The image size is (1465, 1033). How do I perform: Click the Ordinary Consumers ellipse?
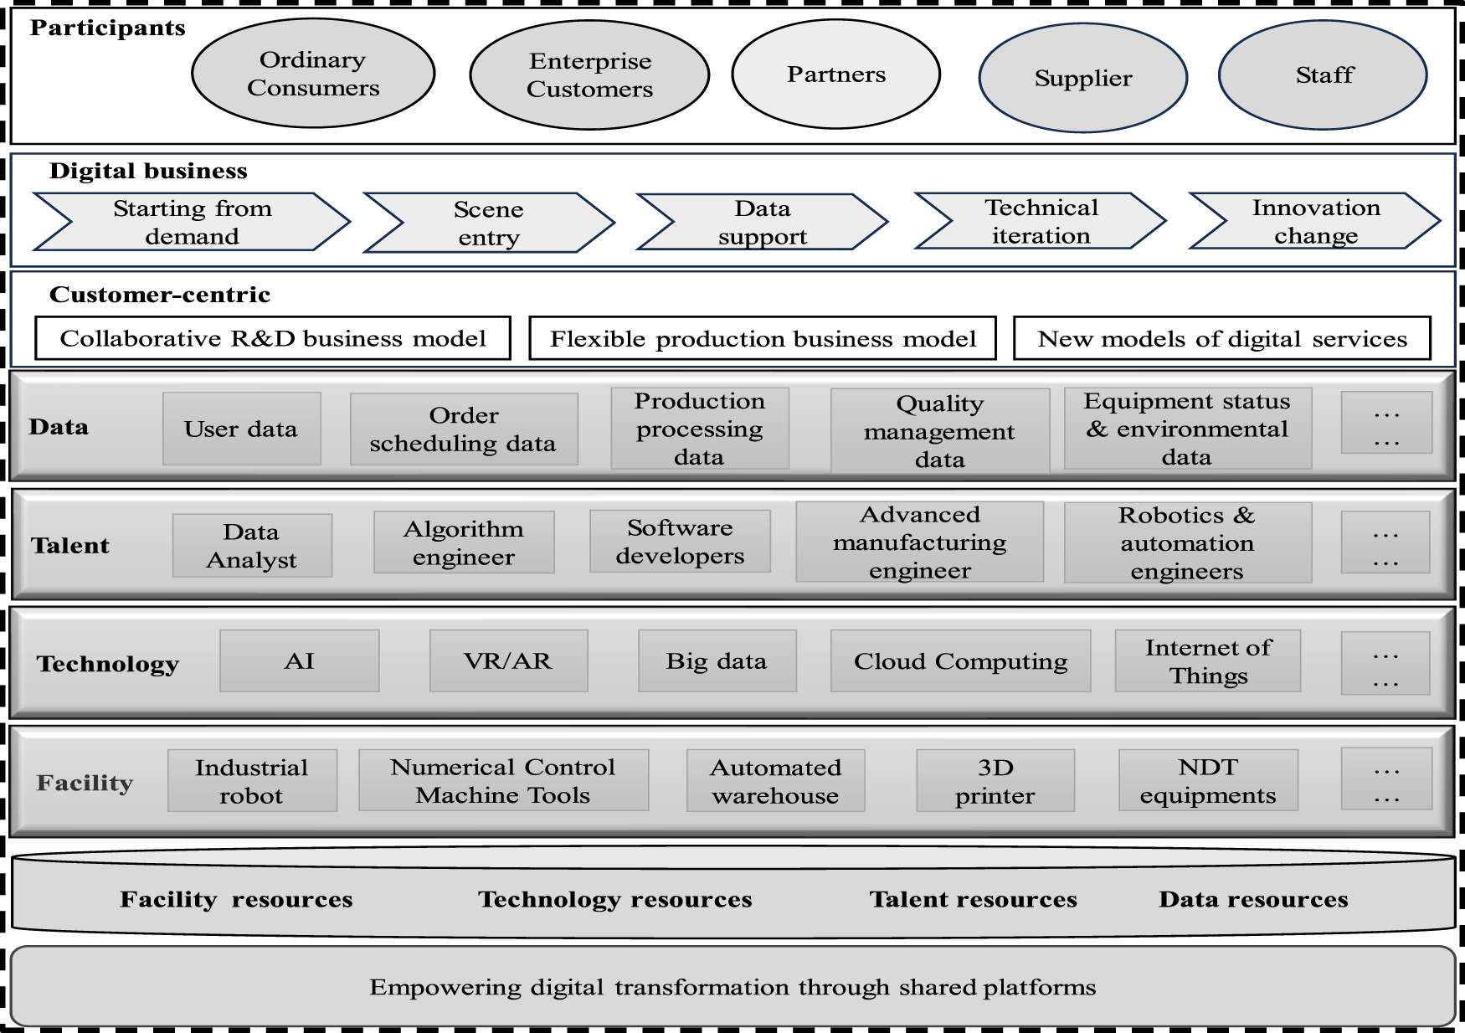313,74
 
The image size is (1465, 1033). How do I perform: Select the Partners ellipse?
835,75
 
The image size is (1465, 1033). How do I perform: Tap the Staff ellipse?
1323,75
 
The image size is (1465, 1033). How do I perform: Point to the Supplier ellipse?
1082,78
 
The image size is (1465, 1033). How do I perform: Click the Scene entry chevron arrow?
489,223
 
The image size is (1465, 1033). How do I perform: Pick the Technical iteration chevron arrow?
1041,222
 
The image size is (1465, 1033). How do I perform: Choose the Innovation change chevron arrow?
1315,222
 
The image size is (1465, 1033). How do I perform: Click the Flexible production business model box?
763,338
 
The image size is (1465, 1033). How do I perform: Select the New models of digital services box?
1221,338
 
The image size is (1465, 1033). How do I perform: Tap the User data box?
241,429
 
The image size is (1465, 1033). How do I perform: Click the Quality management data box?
939,430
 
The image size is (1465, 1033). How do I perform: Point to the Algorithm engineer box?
464,542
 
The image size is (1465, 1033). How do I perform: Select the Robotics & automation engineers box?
1187,542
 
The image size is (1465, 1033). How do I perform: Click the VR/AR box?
508,661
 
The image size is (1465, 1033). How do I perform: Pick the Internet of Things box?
1207,661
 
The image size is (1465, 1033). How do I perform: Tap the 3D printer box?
995,780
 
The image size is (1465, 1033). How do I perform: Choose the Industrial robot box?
252,780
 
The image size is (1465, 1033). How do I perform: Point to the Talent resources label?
973,899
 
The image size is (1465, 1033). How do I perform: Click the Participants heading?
108,28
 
